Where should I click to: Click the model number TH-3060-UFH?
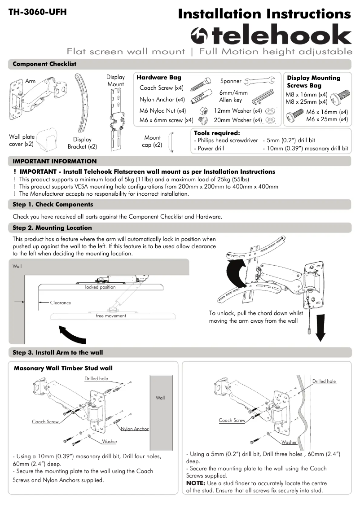pyautogui.click(x=37, y=12)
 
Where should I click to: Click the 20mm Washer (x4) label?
pyautogui.click(x=237, y=120)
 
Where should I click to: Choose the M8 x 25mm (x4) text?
pyautogui.click(x=307, y=102)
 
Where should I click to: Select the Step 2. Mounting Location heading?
pyautogui.click(x=52, y=228)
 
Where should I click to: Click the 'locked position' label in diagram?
pyautogui.click(x=100, y=287)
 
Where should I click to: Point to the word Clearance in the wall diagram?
pyautogui.click(x=61, y=303)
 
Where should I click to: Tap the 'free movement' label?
pyautogui.click(x=111, y=316)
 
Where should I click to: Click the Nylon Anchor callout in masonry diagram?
pyautogui.click(x=135, y=429)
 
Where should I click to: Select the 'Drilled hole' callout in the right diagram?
pyautogui.click(x=324, y=381)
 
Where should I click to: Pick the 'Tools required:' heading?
pyautogui.click(x=216, y=133)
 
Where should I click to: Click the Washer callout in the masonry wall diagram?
pyautogui.click(x=109, y=442)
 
